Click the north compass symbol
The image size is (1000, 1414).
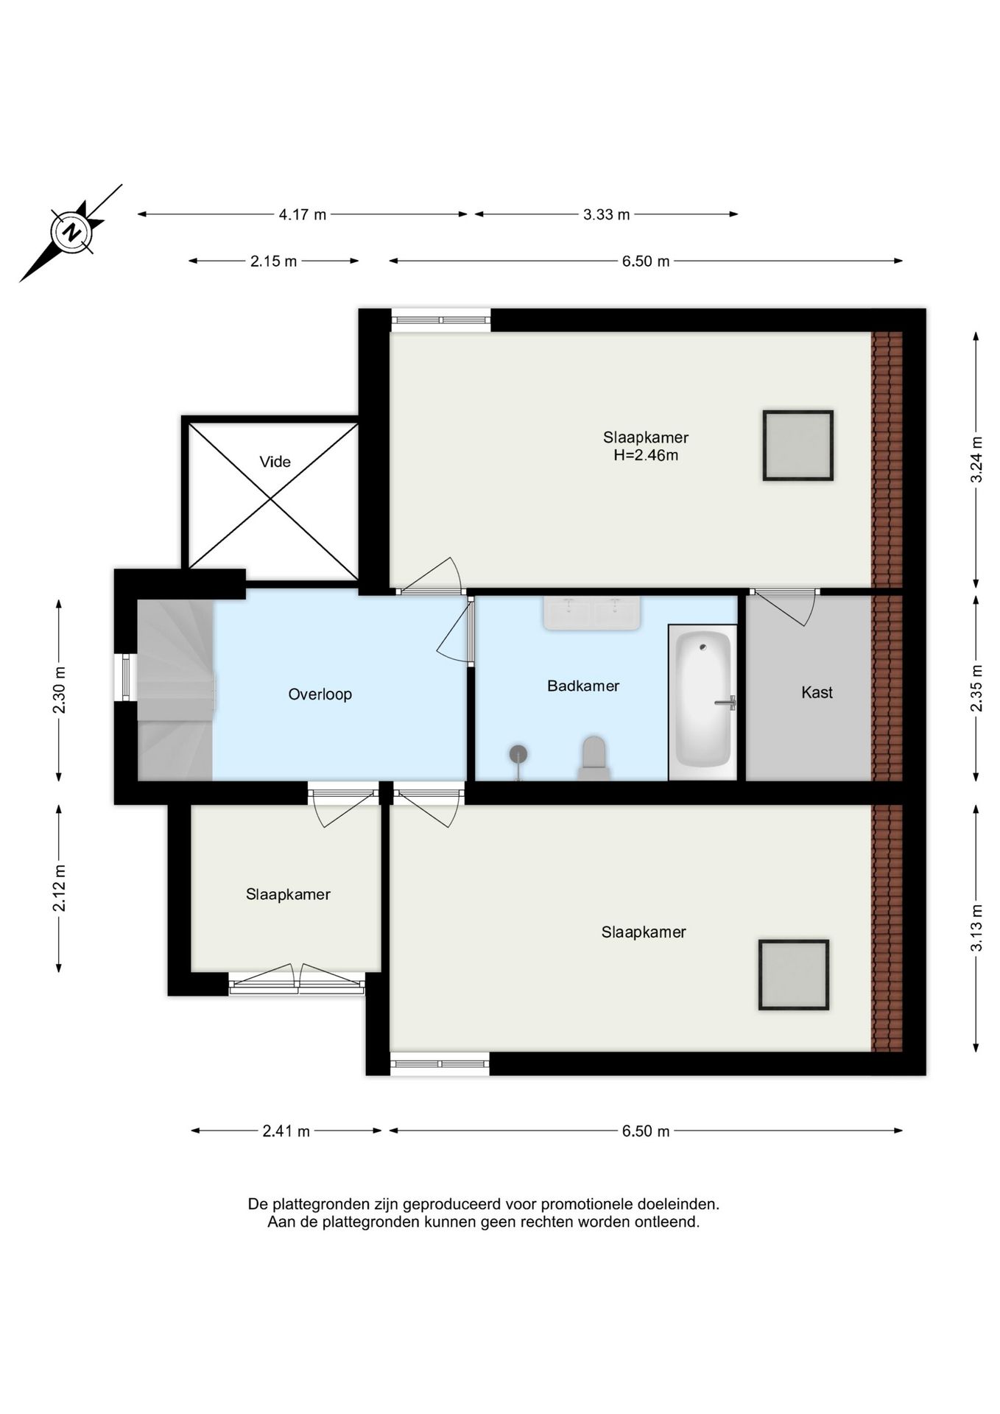tap(71, 233)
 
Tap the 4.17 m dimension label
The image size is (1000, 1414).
tap(302, 214)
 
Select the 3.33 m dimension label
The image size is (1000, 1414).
tap(606, 214)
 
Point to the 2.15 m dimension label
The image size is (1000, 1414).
tap(273, 261)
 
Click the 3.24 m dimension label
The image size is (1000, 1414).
tap(976, 459)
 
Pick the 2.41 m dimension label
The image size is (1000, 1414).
tap(286, 1130)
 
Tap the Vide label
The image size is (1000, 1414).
tap(275, 462)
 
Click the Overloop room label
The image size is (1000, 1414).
tap(320, 694)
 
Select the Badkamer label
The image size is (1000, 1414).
tap(583, 686)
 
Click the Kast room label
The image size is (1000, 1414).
tap(817, 692)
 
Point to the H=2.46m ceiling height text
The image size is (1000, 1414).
tap(646, 455)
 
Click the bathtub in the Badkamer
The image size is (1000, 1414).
tap(703, 702)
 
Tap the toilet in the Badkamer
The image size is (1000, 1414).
tap(594, 759)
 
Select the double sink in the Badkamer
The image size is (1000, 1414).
tap(592, 613)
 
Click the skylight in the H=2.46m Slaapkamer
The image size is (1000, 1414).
tap(797, 446)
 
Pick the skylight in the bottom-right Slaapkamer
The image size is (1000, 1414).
tap(794, 974)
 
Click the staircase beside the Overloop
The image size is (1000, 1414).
tap(175, 689)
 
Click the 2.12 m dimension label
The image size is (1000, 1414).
tap(59, 887)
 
